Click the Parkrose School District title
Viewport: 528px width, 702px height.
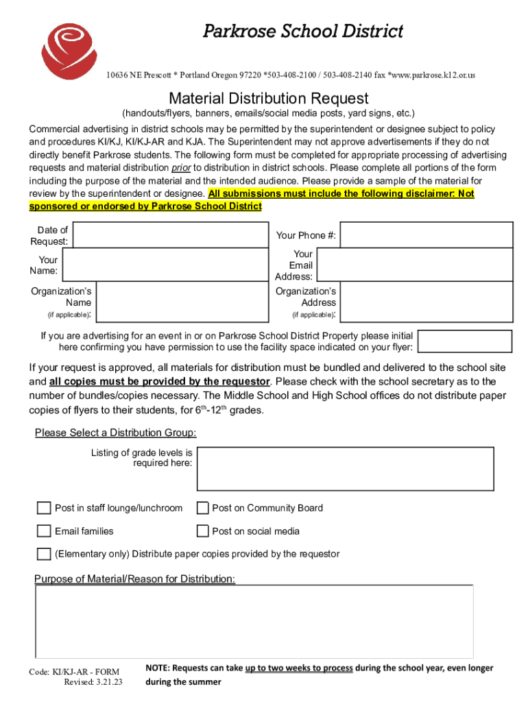click(x=302, y=31)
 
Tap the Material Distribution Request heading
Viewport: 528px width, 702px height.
click(x=269, y=98)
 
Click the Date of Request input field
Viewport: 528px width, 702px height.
click(x=170, y=234)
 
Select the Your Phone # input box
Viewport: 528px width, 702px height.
click(x=426, y=235)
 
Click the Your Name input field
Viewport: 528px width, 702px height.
click(x=165, y=265)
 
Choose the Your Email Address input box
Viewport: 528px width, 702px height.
click(x=416, y=265)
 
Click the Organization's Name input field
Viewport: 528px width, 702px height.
click(x=182, y=302)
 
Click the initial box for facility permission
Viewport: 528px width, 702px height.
click(x=464, y=341)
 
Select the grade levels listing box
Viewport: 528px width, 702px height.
click(x=345, y=468)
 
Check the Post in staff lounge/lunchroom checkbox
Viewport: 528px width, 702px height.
click(x=44, y=508)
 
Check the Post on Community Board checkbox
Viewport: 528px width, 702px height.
click(x=202, y=508)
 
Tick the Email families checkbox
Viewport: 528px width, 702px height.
click(x=44, y=531)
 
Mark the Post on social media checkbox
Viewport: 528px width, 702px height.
click(x=202, y=531)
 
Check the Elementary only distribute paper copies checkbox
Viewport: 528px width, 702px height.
click(x=44, y=554)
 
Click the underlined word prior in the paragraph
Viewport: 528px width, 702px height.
click(x=180, y=168)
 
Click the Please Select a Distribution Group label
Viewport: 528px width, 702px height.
click(x=115, y=433)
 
